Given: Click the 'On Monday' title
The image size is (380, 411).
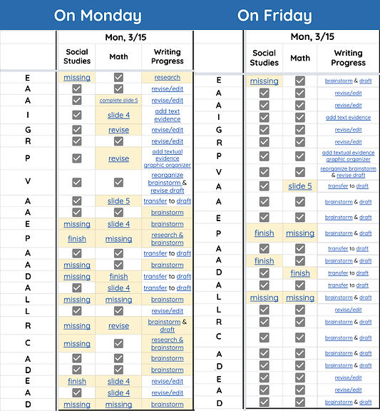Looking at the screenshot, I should tap(98, 16).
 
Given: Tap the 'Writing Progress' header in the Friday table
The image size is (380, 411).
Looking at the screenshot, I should tap(348, 58).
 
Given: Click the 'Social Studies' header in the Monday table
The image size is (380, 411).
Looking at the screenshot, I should tap(77, 56).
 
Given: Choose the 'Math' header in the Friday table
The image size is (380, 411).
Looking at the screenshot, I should tap(300, 58).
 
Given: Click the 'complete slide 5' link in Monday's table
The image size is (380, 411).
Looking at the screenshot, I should tap(118, 100).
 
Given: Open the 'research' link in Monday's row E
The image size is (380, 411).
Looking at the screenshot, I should tap(167, 77).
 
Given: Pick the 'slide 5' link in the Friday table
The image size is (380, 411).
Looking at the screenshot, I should tap(300, 186).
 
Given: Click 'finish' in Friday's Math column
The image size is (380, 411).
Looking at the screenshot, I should tap(300, 273).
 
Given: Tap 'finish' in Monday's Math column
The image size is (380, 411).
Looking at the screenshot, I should tap(118, 276).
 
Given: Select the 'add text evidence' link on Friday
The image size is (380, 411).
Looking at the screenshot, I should tap(348, 118).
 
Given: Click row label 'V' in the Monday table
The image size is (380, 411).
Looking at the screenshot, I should tap(28, 181).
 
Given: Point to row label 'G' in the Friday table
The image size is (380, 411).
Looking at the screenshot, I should tap(219, 130).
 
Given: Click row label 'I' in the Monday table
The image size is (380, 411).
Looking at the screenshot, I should tap(28, 115).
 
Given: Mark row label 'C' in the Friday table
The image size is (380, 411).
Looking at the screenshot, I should tap(219, 337).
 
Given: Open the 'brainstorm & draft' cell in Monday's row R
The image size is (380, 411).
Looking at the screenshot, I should tap(167, 325).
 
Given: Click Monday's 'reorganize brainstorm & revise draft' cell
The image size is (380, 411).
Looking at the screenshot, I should tap(167, 182).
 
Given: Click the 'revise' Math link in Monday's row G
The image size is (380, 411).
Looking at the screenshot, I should tap(118, 130).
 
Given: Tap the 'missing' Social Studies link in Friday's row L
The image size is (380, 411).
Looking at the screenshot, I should tap(264, 298).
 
